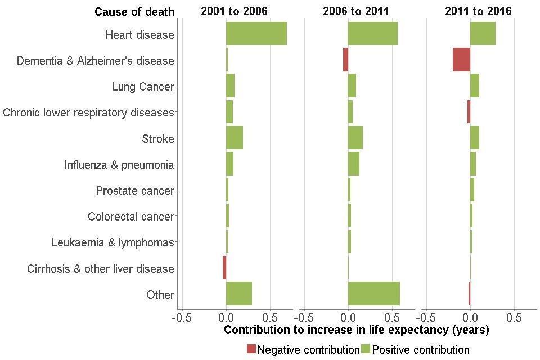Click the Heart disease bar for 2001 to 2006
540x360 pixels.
pos(256,34)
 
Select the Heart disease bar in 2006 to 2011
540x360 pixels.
pos(373,34)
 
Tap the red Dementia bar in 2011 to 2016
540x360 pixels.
pos(461,60)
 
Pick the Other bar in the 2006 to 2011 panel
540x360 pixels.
pos(374,294)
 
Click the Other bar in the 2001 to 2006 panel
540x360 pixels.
pos(239,294)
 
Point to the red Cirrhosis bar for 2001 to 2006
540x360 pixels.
pos(224,268)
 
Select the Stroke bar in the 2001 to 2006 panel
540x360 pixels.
pos(235,138)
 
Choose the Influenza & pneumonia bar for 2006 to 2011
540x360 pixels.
pos(354,164)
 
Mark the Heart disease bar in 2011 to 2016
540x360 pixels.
pos(483,34)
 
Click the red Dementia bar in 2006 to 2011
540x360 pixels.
pos(345,60)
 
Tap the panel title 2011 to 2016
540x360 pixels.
pos(478,11)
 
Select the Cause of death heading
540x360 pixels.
pos(134,12)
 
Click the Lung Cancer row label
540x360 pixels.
pos(143,87)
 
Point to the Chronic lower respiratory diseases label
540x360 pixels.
pos(88,112)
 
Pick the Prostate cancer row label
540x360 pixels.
pos(135,191)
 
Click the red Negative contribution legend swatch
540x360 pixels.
pos(251,349)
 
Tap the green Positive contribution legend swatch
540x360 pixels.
pos(366,349)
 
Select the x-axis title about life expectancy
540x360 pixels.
pos(356,330)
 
